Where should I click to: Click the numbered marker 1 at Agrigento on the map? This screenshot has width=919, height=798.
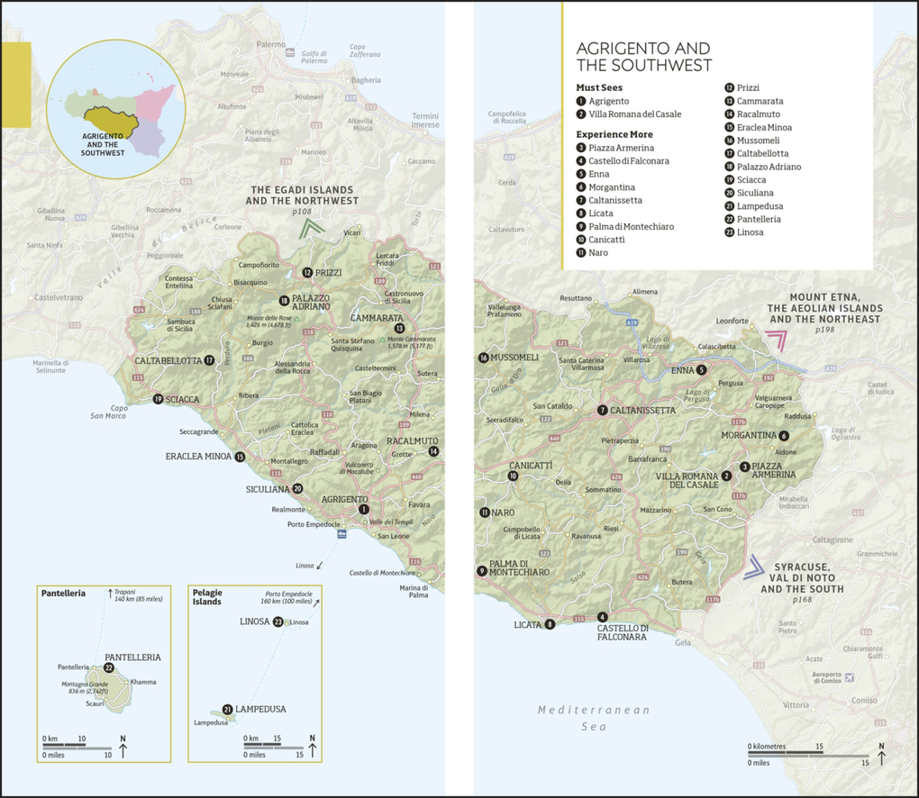pyautogui.click(x=364, y=509)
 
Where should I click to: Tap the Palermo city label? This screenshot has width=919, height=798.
pyautogui.click(x=270, y=43)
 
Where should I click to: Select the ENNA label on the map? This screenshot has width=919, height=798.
pyautogui.click(x=682, y=370)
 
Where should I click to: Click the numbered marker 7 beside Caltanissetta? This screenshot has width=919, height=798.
pyautogui.click(x=602, y=411)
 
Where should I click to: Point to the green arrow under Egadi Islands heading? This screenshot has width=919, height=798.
pyautogui.click(x=314, y=231)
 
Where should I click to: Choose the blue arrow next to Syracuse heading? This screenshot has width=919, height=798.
pyautogui.click(x=754, y=567)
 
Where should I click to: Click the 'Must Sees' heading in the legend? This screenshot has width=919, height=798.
pyautogui.click(x=599, y=88)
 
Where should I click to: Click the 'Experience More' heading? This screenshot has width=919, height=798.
pyautogui.click(x=614, y=134)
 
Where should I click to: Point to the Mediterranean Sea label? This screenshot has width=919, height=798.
pyautogui.click(x=594, y=718)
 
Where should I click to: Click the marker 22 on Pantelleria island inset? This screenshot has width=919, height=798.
pyautogui.click(x=109, y=668)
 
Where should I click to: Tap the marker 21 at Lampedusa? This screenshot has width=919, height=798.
pyautogui.click(x=228, y=709)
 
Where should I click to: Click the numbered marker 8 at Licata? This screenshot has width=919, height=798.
pyautogui.click(x=549, y=624)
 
